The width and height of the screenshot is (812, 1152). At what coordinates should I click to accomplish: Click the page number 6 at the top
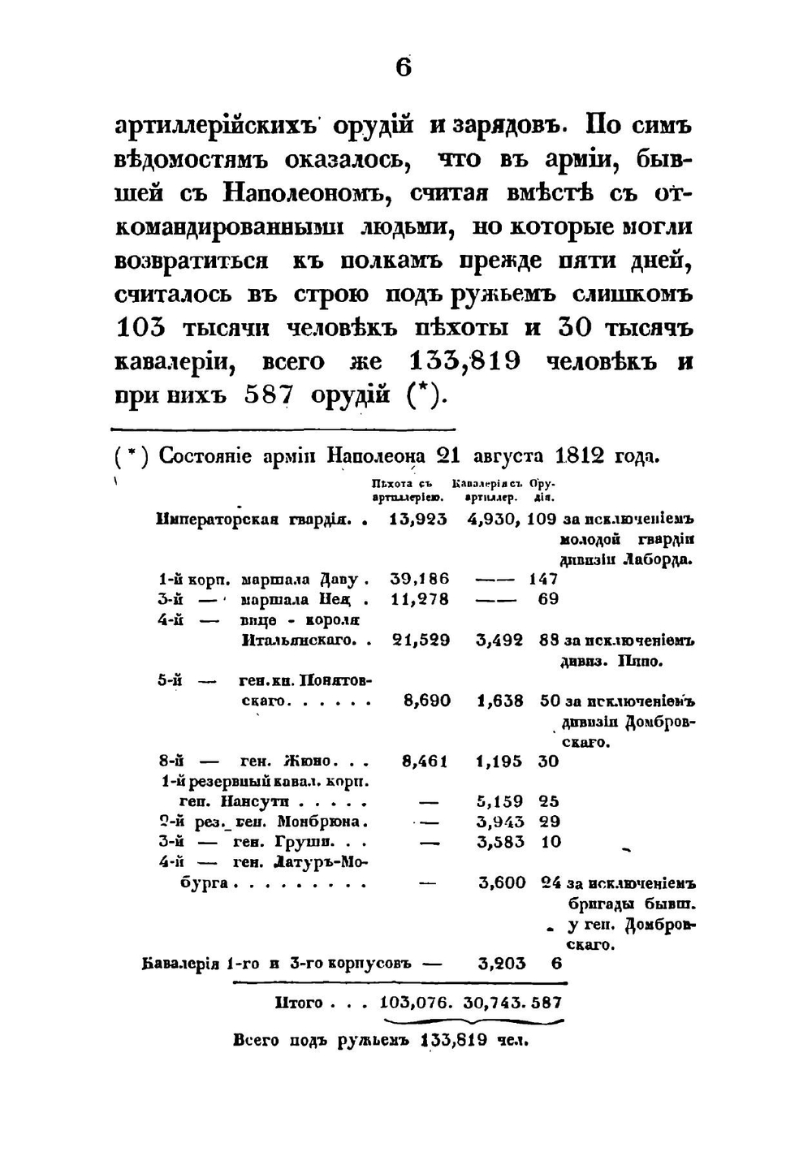coord(404,67)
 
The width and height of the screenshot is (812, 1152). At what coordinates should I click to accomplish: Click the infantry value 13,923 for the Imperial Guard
coord(418,520)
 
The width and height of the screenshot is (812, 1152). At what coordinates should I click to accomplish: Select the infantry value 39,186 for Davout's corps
coord(419,579)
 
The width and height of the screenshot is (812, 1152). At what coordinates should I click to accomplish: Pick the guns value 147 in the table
coord(542,579)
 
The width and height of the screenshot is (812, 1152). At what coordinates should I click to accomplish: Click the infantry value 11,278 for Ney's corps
coord(419,599)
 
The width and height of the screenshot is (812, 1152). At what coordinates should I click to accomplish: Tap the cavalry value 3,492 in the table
coord(499,640)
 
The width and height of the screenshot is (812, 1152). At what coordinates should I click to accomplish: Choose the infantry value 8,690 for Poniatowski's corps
coord(426,701)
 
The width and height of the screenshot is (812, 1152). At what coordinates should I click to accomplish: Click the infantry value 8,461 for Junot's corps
coord(425,762)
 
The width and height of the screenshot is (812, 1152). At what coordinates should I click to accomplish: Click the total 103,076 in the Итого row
coord(416,1003)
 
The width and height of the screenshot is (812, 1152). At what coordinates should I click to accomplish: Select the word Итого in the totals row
coord(299,1003)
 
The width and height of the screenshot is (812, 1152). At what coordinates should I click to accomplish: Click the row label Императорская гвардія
coord(253,520)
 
